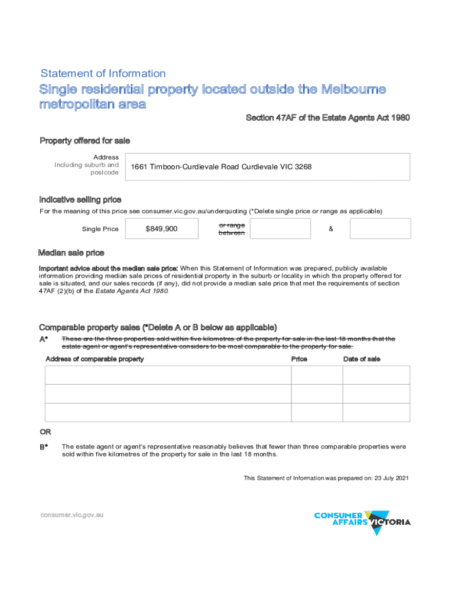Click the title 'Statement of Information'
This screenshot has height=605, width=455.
pos(103,74)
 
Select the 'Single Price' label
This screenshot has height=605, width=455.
pos(100,229)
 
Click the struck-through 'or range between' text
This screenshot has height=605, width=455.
pos(232,229)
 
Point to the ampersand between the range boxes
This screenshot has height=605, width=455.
pos(330,229)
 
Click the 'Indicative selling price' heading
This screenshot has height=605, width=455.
pos(80,200)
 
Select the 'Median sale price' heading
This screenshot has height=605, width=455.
pos(71,253)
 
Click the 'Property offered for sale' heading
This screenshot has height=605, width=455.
pos(84,141)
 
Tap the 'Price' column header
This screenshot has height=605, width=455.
pos(299,359)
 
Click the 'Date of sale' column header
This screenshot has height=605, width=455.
pos(362,359)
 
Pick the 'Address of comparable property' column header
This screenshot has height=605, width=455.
pos(95,359)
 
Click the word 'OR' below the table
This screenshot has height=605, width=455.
pos(45,432)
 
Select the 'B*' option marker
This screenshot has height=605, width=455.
pos(44,447)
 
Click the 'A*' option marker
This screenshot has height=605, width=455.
pos(44,339)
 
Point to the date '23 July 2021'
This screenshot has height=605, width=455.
pos(391,478)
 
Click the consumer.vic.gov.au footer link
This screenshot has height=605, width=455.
pos(72,515)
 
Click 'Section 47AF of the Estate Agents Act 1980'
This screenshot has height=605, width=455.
pos(327,118)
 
